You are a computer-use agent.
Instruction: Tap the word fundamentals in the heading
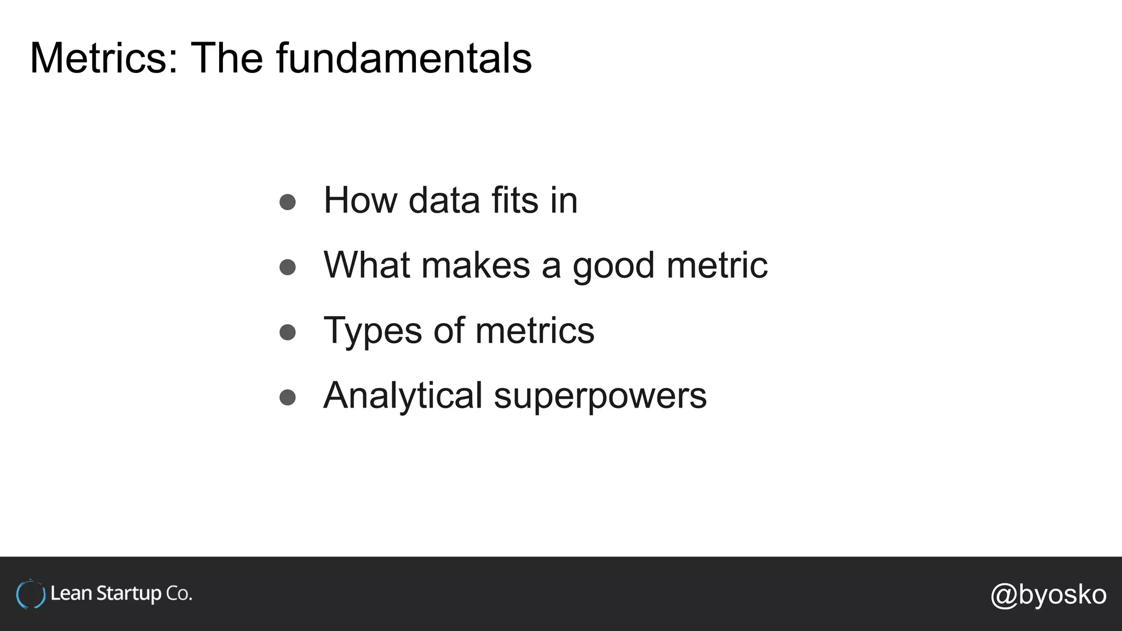(x=404, y=58)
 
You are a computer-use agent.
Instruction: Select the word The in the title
(x=226, y=58)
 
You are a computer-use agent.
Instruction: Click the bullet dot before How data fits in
(x=288, y=202)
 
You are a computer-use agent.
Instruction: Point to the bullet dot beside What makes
(x=288, y=267)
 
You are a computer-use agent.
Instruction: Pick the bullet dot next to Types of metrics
(x=288, y=332)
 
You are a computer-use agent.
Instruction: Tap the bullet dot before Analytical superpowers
(x=288, y=397)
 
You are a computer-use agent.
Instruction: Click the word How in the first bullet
(x=360, y=200)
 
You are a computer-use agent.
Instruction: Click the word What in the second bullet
(x=367, y=266)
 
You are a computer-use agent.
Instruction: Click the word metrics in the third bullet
(x=535, y=331)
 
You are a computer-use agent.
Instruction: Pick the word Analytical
(x=403, y=396)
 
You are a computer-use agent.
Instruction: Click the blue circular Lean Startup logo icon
(x=31, y=594)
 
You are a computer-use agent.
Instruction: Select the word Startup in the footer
(x=129, y=594)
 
